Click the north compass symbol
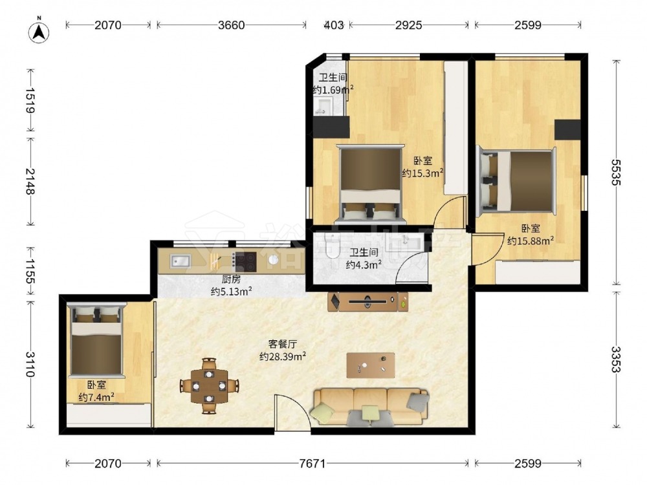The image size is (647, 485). pos(39,31)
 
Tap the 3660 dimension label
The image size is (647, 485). pos(232,25)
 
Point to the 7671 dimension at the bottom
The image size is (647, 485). pos(313,464)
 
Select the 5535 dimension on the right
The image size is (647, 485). pos(616,173)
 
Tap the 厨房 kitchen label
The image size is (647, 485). pos(231,279)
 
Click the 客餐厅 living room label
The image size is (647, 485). pos(283,343)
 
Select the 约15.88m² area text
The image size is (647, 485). pos(531,241)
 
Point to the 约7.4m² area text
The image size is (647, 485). pos(96,397)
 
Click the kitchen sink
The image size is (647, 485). pos(181,261)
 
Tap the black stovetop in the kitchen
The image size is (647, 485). pos(244,262)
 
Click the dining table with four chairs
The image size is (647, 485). pos(210,386)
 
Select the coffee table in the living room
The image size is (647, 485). pos(371,365)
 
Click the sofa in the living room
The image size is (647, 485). pos(371,407)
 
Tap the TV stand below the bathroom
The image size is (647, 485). pos(368,301)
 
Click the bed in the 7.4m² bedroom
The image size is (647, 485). pos(97,341)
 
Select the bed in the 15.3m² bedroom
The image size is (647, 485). pos(370,183)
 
